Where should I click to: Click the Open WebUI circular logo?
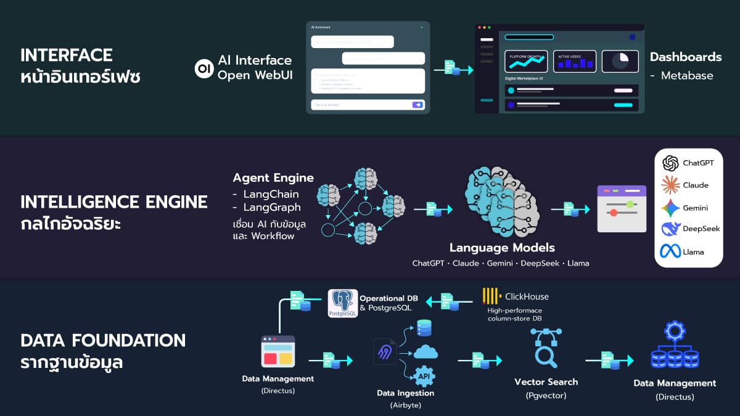[203, 68]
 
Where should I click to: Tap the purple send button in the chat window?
[418, 105]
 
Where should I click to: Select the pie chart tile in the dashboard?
[620, 60]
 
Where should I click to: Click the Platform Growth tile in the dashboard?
[525, 60]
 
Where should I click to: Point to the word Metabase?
[687, 76]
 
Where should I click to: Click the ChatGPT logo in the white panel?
[670, 163]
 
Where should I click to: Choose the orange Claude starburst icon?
[670, 185]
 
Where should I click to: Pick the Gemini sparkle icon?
[670, 208]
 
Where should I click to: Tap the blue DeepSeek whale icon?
[670, 229]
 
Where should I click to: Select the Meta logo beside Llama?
[670, 251]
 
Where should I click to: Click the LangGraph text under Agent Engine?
[272, 207]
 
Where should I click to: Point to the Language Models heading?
[502, 248]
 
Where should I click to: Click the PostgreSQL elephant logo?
[343, 303]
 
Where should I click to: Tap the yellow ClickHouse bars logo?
[491, 296]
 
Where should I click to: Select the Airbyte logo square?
[385, 351]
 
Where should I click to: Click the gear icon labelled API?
[424, 375]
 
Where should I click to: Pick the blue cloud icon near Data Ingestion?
[425, 352]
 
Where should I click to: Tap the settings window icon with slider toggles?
[622, 208]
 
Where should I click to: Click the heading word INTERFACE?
[67, 55]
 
